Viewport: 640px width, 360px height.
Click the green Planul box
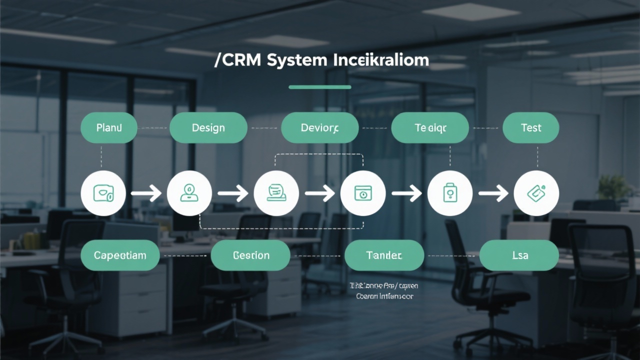pos(109,128)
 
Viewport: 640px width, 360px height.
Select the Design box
pos(208,128)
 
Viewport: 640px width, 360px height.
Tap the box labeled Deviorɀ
pos(320,128)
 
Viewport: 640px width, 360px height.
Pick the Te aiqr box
pos(430,128)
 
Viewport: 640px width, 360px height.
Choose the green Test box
pos(531,128)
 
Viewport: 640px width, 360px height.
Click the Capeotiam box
pos(120,255)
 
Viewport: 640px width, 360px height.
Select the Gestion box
pos(250,255)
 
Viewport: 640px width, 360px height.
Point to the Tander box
pos(384,255)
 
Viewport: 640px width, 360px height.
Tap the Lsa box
pos(519,255)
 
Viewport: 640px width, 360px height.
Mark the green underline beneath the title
pos(320,87)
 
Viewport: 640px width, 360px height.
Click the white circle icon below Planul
pos(103,193)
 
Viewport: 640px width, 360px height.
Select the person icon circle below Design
pos(189,193)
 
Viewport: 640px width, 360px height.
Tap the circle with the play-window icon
pos(363,193)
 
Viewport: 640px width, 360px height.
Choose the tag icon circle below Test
pos(536,193)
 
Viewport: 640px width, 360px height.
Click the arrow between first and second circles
pos(146,193)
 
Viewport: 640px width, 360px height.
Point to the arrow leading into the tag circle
pos(493,193)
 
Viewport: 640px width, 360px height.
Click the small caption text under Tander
pos(384,291)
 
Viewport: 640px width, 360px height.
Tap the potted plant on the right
pos(614,187)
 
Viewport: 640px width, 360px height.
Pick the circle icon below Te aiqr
pos(450,193)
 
